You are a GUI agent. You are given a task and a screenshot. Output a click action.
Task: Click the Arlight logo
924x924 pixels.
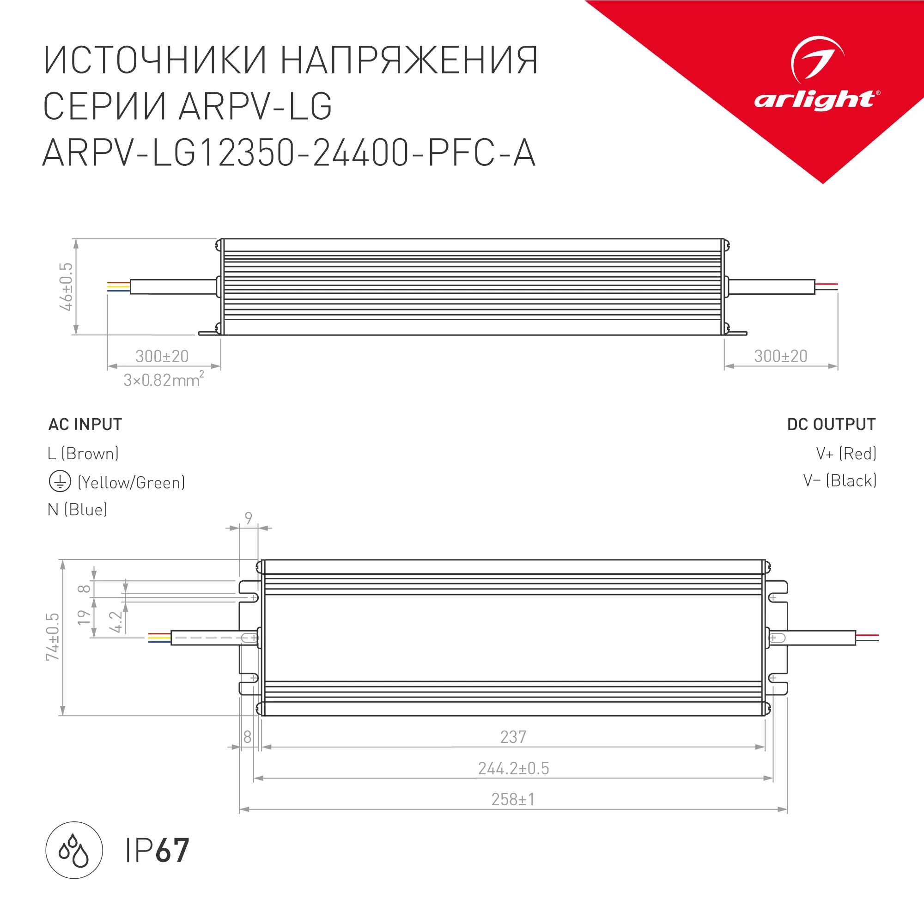click(x=816, y=77)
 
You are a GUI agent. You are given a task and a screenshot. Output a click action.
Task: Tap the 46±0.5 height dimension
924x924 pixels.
click(x=66, y=286)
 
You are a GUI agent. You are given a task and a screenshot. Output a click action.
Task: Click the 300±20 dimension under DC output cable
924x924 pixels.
click(x=780, y=356)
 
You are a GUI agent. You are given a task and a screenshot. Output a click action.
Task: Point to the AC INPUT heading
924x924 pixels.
click(x=85, y=424)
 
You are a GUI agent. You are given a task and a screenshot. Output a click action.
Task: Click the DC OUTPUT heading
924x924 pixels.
click(x=831, y=424)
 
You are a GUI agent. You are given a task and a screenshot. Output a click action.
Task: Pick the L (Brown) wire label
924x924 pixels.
click(x=83, y=453)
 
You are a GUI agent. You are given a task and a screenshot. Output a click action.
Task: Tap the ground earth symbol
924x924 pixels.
click(x=60, y=481)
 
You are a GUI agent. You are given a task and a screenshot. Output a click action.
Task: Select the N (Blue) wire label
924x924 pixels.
click(x=78, y=510)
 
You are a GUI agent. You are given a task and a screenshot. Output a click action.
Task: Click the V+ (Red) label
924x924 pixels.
click(x=846, y=453)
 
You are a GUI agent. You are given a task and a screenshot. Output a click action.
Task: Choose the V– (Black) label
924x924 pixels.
click(x=840, y=480)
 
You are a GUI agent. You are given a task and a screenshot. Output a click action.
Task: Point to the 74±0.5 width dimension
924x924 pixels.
click(x=53, y=637)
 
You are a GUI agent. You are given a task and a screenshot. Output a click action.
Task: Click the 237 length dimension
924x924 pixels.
click(x=513, y=737)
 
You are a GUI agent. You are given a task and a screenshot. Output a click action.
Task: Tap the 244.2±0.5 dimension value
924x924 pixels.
click(x=514, y=769)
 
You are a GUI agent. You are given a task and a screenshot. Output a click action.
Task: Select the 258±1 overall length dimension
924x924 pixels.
click(x=513, y=800)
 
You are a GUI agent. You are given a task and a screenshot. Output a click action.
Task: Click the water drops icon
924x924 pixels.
click(x=74, y=851)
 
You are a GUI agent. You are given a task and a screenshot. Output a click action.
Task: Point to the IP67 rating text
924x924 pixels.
click(x=157, y=851)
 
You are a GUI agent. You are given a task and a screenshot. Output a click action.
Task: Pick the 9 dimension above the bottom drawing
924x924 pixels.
click(x=248, y=518)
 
